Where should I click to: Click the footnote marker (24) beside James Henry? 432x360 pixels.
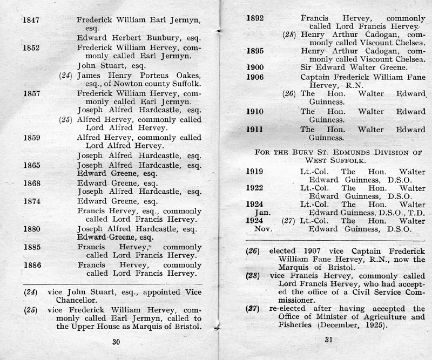tap(65, 75)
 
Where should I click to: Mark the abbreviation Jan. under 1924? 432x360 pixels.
tap(255, 213)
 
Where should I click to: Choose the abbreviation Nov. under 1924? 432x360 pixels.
tap(255, 229)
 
